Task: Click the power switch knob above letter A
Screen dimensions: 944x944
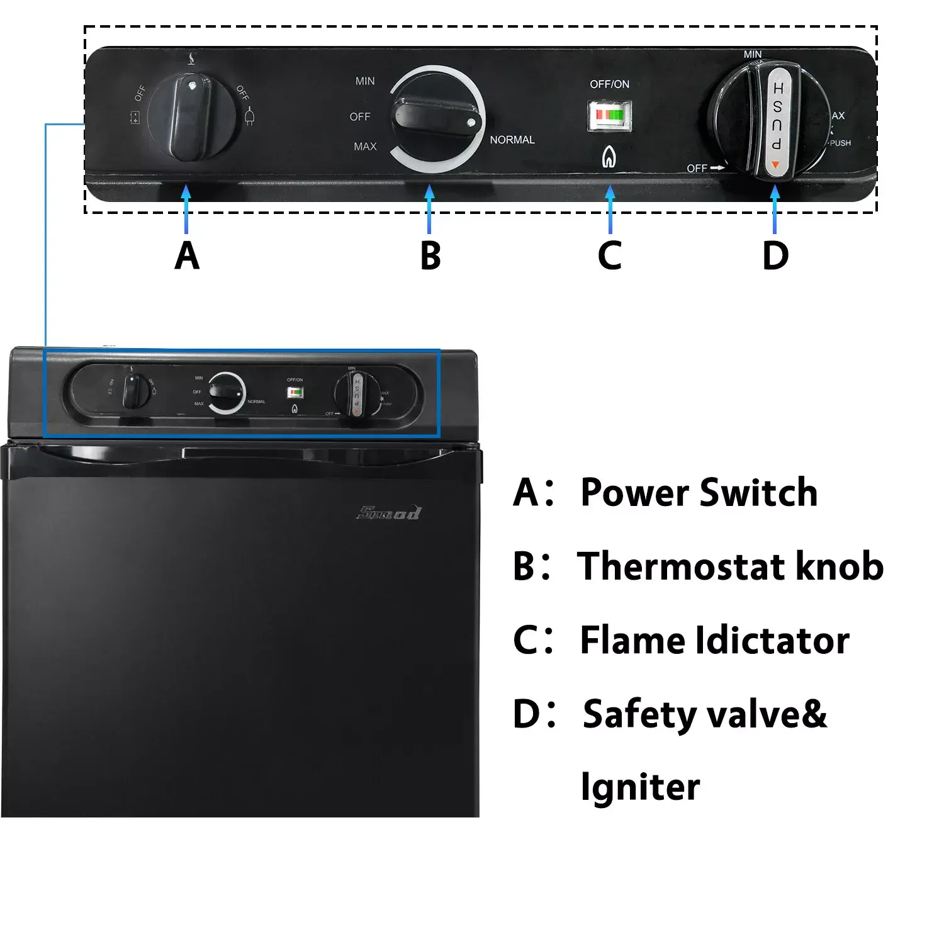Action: (x=192, y=117)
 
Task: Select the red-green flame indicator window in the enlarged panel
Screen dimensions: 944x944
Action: (x=609, y=115)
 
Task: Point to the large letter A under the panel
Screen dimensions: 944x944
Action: (x=187, y=256)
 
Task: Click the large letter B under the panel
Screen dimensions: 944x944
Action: (x=430, y=256)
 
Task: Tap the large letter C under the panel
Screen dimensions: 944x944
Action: (x=609, y=256)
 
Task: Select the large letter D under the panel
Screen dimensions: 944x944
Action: (x=775, y=256)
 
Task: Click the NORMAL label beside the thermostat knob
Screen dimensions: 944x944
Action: (x=512, y=140)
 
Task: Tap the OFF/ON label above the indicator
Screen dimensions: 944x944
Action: (x=609, y=84)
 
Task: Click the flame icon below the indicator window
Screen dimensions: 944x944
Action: (x=608, y=157)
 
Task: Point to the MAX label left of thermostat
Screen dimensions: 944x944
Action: (x=365, y=147)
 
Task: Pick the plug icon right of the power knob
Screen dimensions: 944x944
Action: (x=250, y=116)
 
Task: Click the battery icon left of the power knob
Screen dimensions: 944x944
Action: (x=135, y=118)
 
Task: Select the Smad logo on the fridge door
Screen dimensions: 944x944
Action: (x=390, y=513)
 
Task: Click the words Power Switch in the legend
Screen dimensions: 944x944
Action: (x=699, y=492)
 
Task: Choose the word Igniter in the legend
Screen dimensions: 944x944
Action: (x=640, y=787)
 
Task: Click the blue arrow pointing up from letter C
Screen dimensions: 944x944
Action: (x=610, y=211)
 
